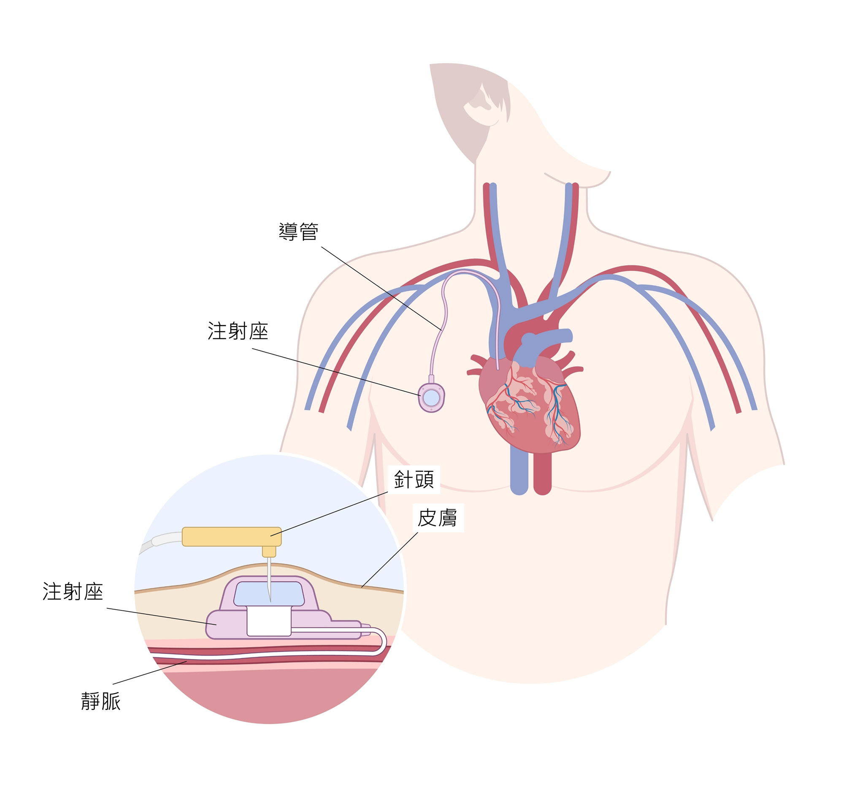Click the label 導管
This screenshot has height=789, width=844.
coord(298,232)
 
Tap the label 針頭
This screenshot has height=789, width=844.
coord(414,480)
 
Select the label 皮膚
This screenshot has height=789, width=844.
coord(437,518)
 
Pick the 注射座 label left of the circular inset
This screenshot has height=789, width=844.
coord(73,592)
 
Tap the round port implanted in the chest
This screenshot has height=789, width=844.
coord(431,398)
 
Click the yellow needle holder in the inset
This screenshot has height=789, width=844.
coord(232,537)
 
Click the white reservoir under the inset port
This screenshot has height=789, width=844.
coord(269,621)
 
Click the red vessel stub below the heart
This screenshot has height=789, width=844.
coord(542,474)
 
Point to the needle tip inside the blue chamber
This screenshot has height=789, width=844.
coord(270,601)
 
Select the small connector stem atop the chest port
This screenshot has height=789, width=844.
coord(431,379)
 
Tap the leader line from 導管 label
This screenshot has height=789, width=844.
coord(381,288)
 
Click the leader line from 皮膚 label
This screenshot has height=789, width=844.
coord(390,560)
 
